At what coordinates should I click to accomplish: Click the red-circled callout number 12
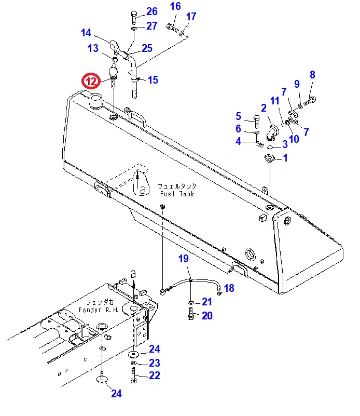click(x=91, y=81)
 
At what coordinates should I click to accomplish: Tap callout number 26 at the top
click(x=151, y=12)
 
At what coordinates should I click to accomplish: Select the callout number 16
click(x=175, y=6)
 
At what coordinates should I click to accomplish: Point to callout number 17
click(x=191, y=17)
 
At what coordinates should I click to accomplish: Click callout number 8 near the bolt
click(x=312, y=75)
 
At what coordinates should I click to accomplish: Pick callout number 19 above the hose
click(x=184, y=258)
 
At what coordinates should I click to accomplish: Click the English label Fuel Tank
click(x=176, y=194)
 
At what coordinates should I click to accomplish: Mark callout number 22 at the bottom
click(x=155, y=375)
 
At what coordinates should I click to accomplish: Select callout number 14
click(x=86, y=33)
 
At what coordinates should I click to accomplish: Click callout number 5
click(x=239, y=116)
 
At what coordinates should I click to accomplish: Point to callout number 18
click(x=229, y=288)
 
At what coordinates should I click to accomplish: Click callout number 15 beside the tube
click(x=153, y=80)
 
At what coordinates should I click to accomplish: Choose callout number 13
click(x=93, y=49)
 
